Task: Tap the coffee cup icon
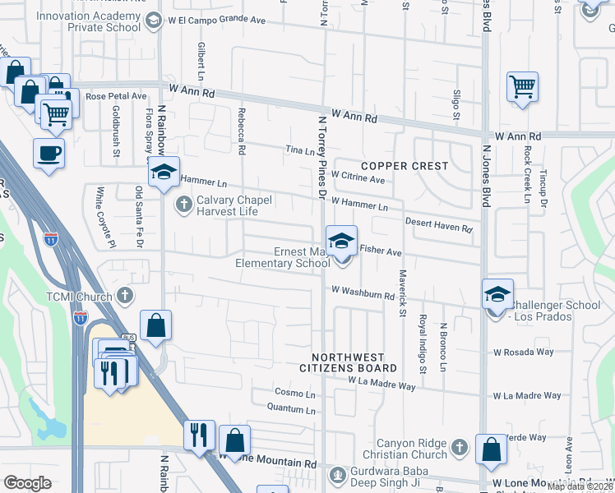click(x=49, y=153)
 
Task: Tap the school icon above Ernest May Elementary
click(x=341, y=241)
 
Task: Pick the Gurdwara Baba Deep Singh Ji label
click(x=392, y=479)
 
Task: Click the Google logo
click(x=27, y=483)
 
